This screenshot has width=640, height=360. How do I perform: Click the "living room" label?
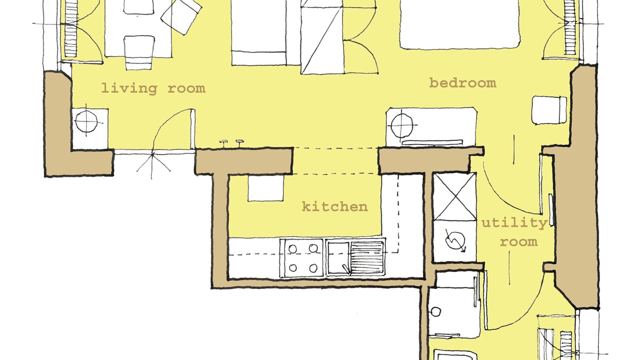[153, 88]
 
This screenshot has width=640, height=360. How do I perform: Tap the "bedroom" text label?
[462, 83]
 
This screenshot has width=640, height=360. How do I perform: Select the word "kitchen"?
[335, 206]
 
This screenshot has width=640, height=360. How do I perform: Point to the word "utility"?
[514, 222]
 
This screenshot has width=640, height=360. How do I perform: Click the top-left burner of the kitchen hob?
[292, 248]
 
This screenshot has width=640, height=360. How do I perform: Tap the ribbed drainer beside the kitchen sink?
[367, 258]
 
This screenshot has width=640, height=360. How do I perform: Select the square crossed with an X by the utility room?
[454, 196]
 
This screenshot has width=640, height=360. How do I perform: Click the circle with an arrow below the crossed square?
[455, 241]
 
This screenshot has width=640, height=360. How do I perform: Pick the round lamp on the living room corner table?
[86, 121]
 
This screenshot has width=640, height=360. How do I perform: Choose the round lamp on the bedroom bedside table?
[402, 125]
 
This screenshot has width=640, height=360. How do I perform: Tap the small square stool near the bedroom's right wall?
[549, 110]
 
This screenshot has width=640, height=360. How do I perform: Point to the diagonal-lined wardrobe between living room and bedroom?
[322, 37]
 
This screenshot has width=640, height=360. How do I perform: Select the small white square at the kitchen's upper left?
[265, 188]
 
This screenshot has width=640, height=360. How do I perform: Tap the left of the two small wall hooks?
[223, 142]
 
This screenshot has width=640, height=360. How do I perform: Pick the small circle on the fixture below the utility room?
[435, 311]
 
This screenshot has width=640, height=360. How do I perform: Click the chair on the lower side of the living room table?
[139, 52]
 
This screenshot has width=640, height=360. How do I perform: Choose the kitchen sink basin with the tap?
[338, 258]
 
